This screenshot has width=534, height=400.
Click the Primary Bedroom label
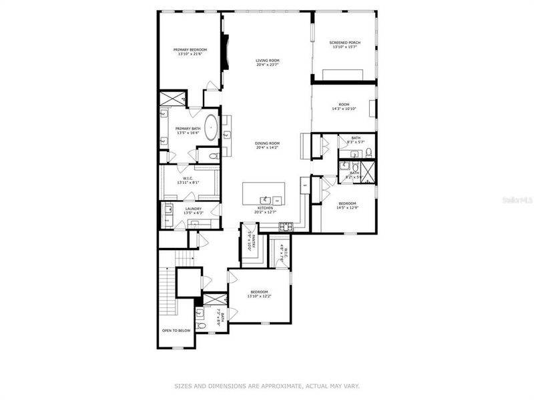[190, 49]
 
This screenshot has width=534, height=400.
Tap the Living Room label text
[267, 61]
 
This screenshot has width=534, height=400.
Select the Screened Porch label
[345, 43]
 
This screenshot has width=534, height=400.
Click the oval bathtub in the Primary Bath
[212, 127]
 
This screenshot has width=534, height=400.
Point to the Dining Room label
[267, 143]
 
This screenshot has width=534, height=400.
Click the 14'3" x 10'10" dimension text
[344, 109]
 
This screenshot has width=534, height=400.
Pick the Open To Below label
[176, 330]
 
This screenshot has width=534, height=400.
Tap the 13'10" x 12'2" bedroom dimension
[259, 296]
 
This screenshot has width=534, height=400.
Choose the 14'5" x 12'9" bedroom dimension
[346, 207]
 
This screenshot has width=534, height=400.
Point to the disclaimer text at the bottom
[267, 385]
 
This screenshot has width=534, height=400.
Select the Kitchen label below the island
[265, 209]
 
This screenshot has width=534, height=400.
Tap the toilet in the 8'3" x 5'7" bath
[369, 154]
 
